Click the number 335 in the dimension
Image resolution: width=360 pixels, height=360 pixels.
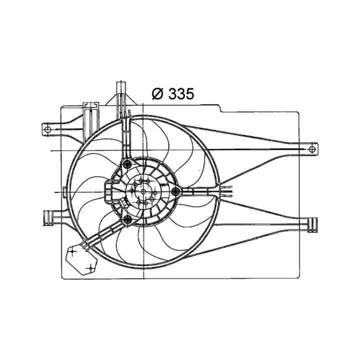tap(179, 93)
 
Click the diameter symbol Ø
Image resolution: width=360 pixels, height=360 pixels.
tap(155, 93)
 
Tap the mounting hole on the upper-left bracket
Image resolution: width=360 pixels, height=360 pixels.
tap(47, 129)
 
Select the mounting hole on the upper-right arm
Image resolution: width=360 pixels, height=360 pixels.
tap(312, 149)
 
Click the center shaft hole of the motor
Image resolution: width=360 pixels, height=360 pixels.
tap(143, 191)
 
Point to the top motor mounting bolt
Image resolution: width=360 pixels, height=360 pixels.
tap(127, 164)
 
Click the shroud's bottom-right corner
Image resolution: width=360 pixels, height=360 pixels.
tap(299, 277)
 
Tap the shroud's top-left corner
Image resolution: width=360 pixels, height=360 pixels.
tap(61, 106)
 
